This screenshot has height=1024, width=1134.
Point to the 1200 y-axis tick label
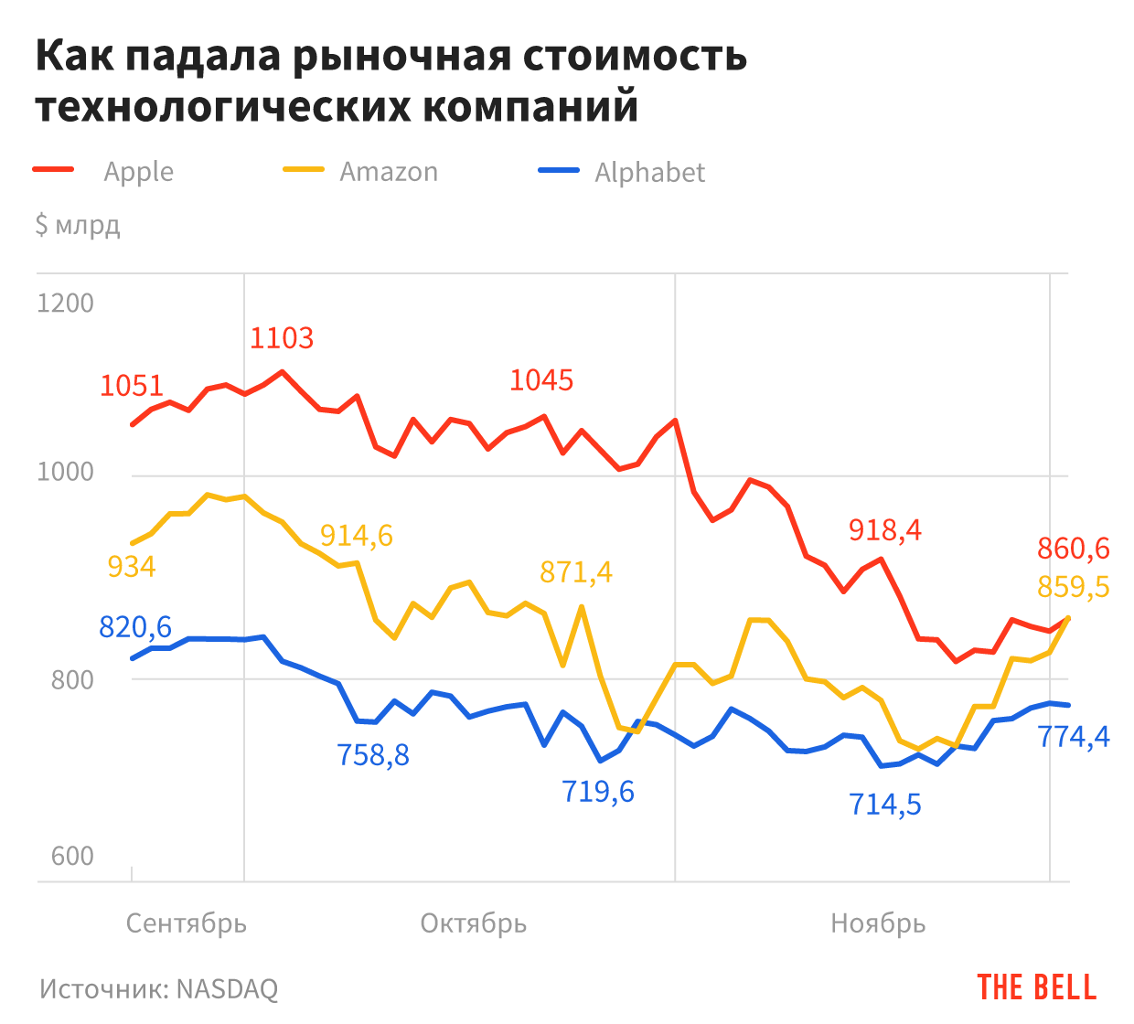click(65, 303)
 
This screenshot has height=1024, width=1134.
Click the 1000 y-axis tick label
click(65, 472)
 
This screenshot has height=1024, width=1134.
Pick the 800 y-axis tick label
click(72, 679)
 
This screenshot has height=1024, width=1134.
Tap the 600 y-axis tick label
click(72, 856)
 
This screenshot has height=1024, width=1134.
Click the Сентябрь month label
click(187, 923)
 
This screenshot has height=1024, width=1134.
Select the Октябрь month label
click(474, 923)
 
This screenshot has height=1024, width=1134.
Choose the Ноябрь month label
click(878, 923)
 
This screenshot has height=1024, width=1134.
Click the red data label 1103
click(282, 339)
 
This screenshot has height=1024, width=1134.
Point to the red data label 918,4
click(884, 530)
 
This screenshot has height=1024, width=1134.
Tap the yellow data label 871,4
click(576, 572)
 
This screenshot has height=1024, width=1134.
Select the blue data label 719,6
click(598, 792)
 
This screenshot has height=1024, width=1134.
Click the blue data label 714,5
click(884, 805)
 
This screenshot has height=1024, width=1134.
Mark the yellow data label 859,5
click(1073, 587)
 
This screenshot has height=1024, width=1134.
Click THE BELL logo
click(1036, 987)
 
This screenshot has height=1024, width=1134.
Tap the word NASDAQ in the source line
click(227, 988)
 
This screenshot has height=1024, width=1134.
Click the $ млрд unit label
click(78, 225)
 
